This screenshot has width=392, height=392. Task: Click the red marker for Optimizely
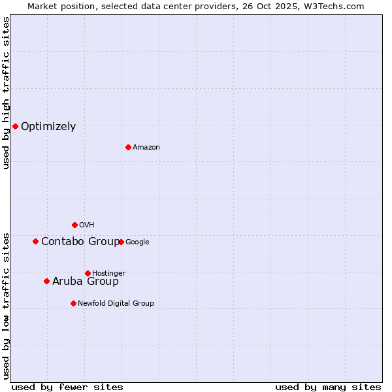[15, 126]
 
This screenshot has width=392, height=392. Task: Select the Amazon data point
[128, 147]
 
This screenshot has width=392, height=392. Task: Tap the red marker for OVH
[74, 225]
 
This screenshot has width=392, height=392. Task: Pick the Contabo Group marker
[35, 241]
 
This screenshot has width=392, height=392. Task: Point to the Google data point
[121, 242]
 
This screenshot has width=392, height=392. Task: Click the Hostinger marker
[88, 273]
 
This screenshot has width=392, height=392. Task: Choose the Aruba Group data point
[46, 281]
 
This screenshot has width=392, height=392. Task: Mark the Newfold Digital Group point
[73, 303]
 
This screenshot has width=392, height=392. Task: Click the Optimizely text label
[48, 127]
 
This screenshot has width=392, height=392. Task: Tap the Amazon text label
[146, 148]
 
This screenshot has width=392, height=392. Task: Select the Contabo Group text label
[80, 242]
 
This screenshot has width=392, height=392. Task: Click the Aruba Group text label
[86, 282]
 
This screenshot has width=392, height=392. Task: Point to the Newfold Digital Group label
[116, 303]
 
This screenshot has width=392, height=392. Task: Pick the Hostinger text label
[108, 273]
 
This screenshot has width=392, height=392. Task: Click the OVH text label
[87, 225]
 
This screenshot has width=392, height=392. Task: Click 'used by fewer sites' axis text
[67, 387]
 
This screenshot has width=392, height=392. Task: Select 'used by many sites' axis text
[328, 387]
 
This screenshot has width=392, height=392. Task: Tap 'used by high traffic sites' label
[6, 93]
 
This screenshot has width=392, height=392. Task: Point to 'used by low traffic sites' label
[6, 305]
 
